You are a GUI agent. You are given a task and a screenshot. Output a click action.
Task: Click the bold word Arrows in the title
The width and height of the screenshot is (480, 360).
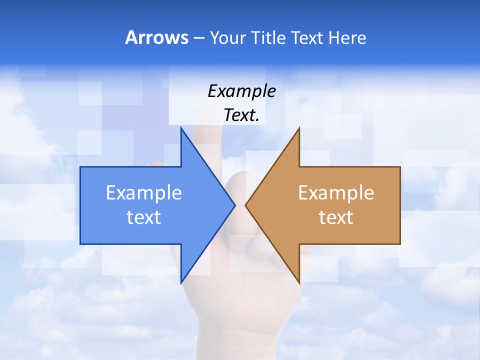pyautogui.click(x=156, y=37)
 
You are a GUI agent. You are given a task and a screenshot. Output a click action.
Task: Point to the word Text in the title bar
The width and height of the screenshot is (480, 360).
pyautogui.click(x=308, y=37)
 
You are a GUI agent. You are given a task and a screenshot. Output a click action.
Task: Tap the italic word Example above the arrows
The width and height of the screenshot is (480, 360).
pyautogui.click(x=241, y=91)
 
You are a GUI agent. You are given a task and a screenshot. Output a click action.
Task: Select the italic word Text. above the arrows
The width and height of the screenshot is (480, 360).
pyautogui.click(x=241, y=115)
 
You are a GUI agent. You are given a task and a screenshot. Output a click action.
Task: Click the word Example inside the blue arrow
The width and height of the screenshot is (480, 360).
pyautogui.click(x=144, y=193)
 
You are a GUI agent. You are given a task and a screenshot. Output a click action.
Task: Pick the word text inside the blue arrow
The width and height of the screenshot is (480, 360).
pyautogui.click(x=144, y=217)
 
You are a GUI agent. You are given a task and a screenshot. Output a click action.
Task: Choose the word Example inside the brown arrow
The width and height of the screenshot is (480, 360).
pyautogui.click(x=336, y=193)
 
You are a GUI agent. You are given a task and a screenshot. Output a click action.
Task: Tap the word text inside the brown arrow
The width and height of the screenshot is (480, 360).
pyautogui.click(x=336, y=217)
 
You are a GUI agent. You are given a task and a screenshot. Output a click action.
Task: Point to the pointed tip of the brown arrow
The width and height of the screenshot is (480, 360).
pyautogui.click(x=246, y=205)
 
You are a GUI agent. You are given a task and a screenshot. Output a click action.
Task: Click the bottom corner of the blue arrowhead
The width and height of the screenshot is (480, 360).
pyautogui.click(x=181, y=282)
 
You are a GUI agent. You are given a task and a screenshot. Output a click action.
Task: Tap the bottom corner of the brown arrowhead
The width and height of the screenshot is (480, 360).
pyautogui.click(x=299, y=282)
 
